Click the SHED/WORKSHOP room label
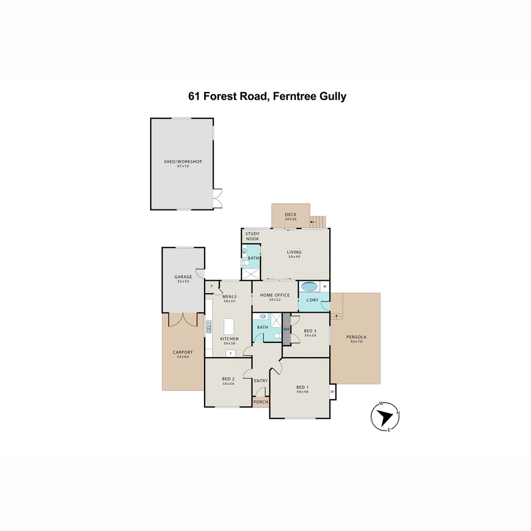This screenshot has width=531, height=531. click(183, 162)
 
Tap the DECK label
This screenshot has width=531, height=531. click(291, 214)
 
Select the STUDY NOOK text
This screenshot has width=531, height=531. click(252, 236)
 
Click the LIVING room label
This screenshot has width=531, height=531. click(294, 252)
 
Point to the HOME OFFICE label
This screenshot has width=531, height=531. click(275, 295)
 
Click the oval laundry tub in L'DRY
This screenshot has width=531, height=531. click(310, 287)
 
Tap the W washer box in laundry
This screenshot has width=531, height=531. click(325, 287)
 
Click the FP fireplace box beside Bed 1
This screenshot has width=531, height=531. click(332, 392)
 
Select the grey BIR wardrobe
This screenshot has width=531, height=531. click(287, 329)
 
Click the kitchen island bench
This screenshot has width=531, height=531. click(229, 326)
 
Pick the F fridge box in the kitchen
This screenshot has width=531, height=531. click(231, 353)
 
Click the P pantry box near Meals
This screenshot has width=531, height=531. click(211, 286)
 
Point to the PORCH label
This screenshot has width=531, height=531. click(261, 402)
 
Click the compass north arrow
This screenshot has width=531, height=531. click(384, 417)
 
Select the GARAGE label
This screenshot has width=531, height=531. click(183, 277)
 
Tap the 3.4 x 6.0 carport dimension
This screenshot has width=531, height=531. click(183, 356)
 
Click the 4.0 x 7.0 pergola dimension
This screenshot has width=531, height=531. click(356, 341)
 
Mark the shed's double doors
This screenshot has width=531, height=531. click(217, 198)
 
